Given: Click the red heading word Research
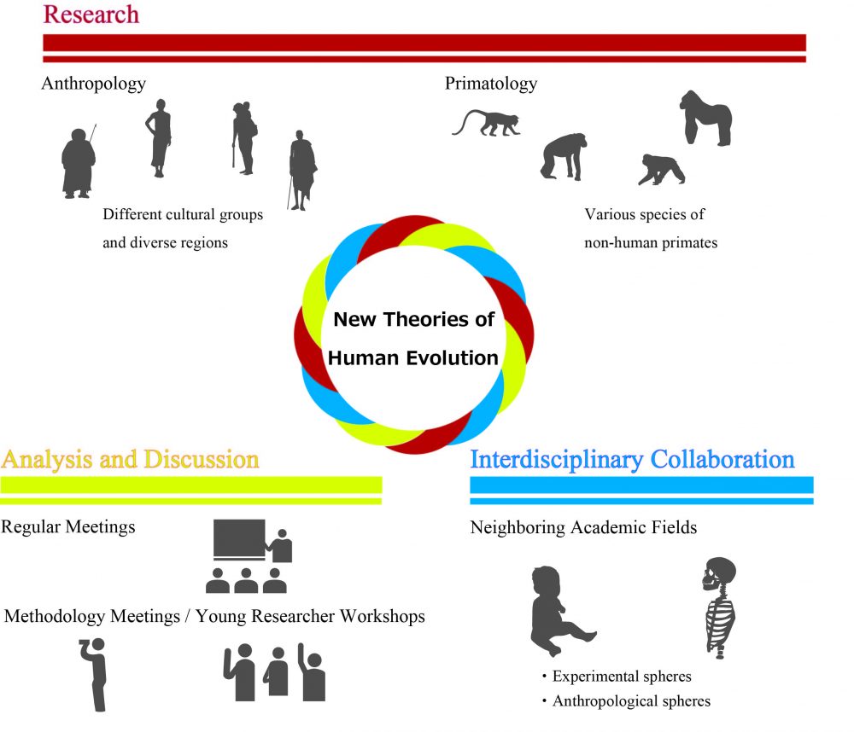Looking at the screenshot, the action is [91, 15].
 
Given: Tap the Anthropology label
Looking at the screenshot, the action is [94, 84].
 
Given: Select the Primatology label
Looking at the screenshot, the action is [491, 84].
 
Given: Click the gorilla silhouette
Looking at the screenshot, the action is [705, 118].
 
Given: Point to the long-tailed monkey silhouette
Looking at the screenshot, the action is [487, 123].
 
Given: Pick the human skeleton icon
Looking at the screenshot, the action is [719, 607].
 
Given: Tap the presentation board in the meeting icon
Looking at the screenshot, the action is [239, 539].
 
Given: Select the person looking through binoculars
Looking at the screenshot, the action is [94, 674].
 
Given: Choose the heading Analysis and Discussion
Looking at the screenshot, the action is [130, 459].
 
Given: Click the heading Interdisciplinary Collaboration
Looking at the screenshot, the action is [632, 459].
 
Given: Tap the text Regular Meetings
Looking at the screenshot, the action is [68, 527].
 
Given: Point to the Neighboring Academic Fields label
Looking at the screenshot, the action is [583, 527].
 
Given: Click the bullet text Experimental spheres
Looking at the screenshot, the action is [622, 676].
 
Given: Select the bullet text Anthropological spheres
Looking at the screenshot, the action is [631, 701].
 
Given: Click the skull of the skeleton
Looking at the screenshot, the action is [718, 573].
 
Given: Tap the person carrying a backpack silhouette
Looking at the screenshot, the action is [244, 137].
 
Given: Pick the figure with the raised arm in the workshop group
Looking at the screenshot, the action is [312, 672].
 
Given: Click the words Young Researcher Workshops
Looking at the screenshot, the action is [311, 616].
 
